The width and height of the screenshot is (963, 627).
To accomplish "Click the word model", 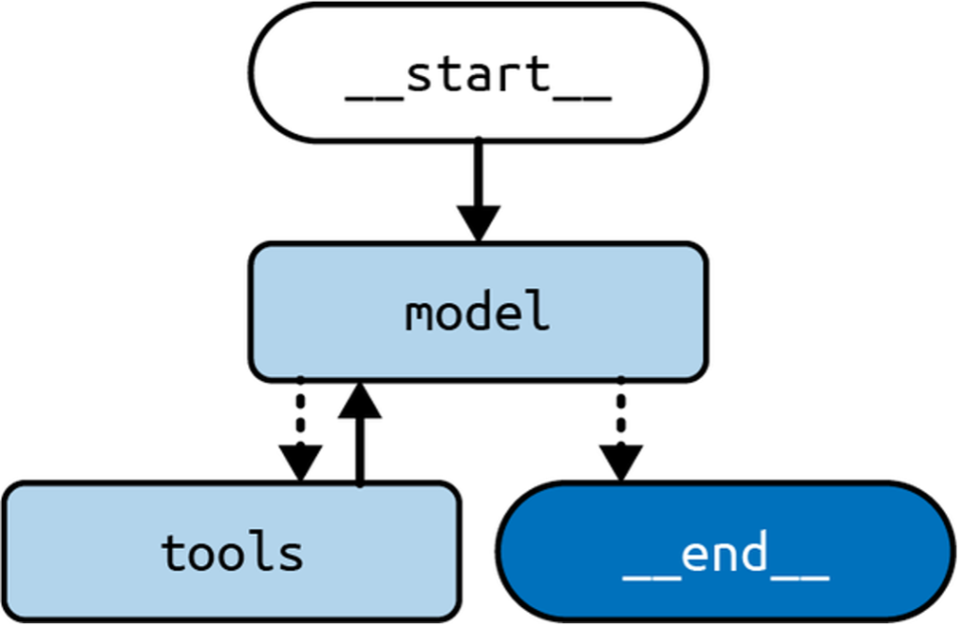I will [x=478, y=313].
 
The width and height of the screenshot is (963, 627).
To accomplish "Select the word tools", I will [x=232, y=553].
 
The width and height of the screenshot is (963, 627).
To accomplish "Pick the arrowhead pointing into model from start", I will [x=479, y=224].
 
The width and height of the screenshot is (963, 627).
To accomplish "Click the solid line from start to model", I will [x=479, y=174].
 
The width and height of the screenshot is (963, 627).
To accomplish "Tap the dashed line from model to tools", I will [x=300, y=409].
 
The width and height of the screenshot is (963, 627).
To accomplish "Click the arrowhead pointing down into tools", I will [x=300, y=462].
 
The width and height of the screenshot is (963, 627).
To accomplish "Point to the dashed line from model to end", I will [x=620, y=409].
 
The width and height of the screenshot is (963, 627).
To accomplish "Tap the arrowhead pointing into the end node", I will [x=620, y=462].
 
